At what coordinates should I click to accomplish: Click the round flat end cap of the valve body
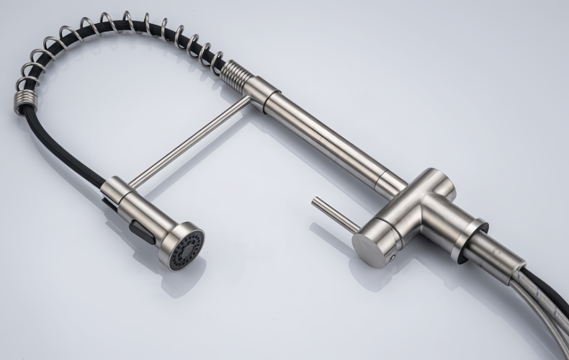pyautogui.click(x=372, y=248)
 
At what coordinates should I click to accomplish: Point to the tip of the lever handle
pyautogui.click(x=315, y=202)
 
